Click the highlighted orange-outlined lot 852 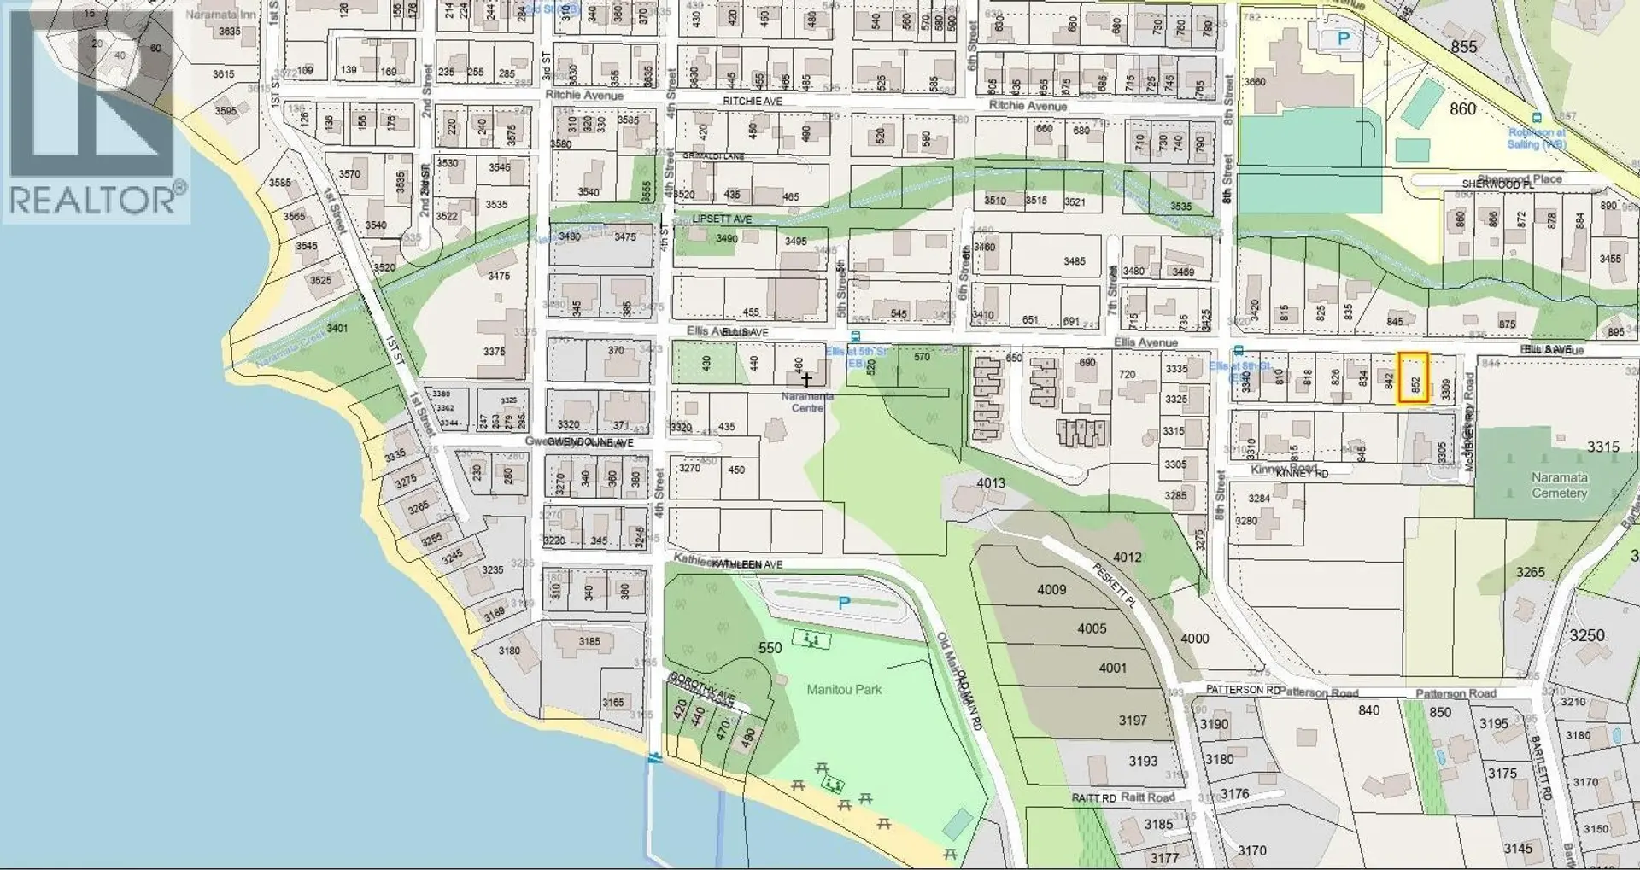pyautogui.click(x=1413, y=378)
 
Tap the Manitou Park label pyautogui.click(x=844, y=689)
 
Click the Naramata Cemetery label pyautogui.click(x=1559, y=485)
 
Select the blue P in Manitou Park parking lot pyautogui.click(x=844, y=603)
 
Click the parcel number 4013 pyautogui.click(x=991, y=483)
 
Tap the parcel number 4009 pyautogui.click(x=1051, y=589)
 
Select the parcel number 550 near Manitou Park pyautogui.click(x=770, y=648)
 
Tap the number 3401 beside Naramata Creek pyautogui.click(x=337, y=328)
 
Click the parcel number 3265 pyautogui.click(x=1530, y=572)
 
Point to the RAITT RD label pyautogui.click(x=1094, y=798)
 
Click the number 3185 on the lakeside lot pyautogui.click(x=589, y=641)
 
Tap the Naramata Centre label pyautogui.click(x=807, y=402)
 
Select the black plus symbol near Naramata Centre pyautogui.click(x=806, y=378)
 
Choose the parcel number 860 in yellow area pyautogui.click(x=1462, y=108)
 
